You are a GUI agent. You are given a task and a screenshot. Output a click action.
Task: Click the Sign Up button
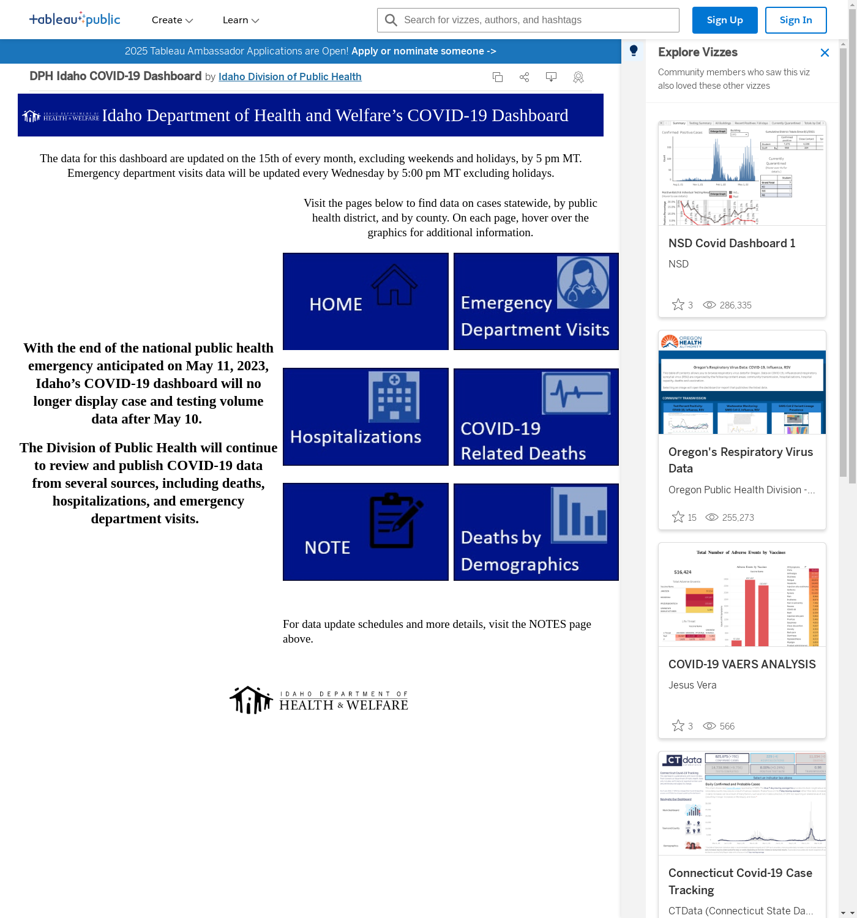pyautogui.click(x=724, y=20)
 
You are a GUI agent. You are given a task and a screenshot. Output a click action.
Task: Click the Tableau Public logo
pyautogui.click(x=75, y=20)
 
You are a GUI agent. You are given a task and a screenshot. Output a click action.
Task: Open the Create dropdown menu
pyautogui.click(x=172, y=20)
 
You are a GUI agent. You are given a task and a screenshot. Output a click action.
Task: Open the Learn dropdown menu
pyautogui.click(x=241, y=20)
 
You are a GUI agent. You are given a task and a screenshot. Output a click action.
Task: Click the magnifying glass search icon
pyautogui.click(x=391, y=20)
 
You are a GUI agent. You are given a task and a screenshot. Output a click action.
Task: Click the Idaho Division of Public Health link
pyautogui.click(x=290, y=76)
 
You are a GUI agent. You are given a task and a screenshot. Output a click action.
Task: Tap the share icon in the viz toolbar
pyautogui.click(x=524, y=77)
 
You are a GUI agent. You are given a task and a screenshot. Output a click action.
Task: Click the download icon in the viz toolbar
pyautogui.click(x=551, y=77)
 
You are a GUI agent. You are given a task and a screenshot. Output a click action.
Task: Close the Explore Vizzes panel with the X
pyautogui.click(x=825, y=53)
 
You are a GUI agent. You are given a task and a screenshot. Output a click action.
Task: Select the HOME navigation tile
pyautogui.click(x=365, y=301)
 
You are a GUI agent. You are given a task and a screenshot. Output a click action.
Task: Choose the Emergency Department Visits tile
pyautogui.click(x=536, y=301)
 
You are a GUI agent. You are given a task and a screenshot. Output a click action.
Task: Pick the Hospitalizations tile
pyautogui.click(x=365, y=417)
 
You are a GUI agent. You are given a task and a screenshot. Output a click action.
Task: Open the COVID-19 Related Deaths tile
pyautogui.click(x=536, y=417)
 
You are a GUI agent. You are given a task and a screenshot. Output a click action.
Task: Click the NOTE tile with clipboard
pyautogui.click(x=365, y=532)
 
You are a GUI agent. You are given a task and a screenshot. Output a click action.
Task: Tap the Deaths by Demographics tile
pyautogui.click(x=536, y=532)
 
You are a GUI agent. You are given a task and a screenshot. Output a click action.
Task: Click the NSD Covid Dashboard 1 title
pyautogui.click(x=732, y=244)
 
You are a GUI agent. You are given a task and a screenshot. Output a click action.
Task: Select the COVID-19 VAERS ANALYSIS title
pyautogui.click(x=742, y=665)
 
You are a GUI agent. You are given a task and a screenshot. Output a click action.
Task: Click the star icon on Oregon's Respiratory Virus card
pyautogui.click(x=678, y=517)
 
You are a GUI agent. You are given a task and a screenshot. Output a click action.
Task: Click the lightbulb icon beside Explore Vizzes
pyautogui.click(x=634, y=51)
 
